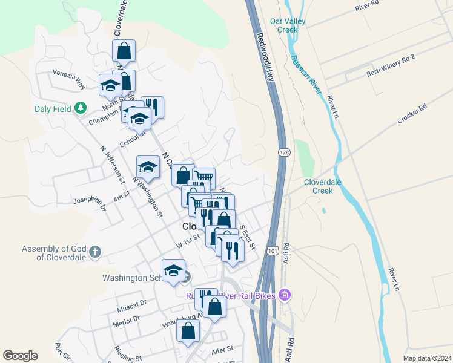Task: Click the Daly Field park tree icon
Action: point(80,108)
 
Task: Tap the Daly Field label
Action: point(54,108)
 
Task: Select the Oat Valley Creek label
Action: point(285,25)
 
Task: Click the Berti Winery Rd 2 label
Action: point(390,65)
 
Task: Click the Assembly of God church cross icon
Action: point(94,252)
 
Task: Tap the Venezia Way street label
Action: point(68,80)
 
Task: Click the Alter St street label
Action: point(222,349)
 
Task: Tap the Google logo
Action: point(20,356)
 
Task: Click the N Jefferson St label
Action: point(113,164)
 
